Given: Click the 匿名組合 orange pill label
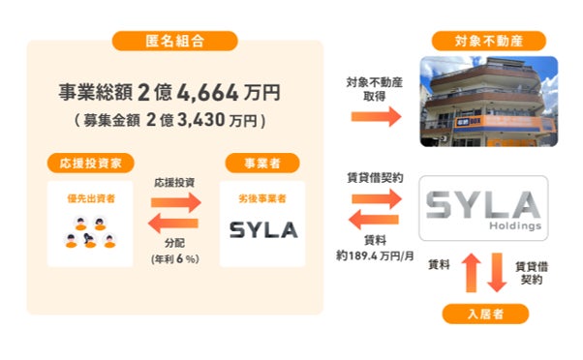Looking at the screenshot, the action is [174, 41].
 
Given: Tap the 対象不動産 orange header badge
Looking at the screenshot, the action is [488, 41].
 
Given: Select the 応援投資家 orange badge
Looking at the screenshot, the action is [91, 164].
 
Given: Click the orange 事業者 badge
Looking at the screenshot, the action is [262, 164].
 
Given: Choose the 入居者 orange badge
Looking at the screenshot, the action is [485, 314].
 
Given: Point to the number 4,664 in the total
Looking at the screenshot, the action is [207, 93].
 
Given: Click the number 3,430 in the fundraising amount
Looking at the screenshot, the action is [201, 120].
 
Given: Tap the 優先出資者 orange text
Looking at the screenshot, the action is [91, 198].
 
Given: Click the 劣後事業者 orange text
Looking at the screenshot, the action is [262, 198].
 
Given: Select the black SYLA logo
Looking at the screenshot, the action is [263, 230].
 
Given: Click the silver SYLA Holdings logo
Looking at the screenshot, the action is [483, 209].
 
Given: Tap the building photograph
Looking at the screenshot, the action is [488, 102].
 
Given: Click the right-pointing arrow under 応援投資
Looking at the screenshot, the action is [176, 202].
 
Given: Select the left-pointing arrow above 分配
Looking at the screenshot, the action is [173, 224].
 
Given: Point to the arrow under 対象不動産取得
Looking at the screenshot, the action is [377, 117].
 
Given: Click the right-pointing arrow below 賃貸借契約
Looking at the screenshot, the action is [377, 198].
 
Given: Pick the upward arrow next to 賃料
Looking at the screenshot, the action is [471, 273].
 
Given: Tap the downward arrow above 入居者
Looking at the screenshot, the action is [497, 273].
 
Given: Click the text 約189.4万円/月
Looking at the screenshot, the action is [375, 256].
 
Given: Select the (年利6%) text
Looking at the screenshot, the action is [174, 259].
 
